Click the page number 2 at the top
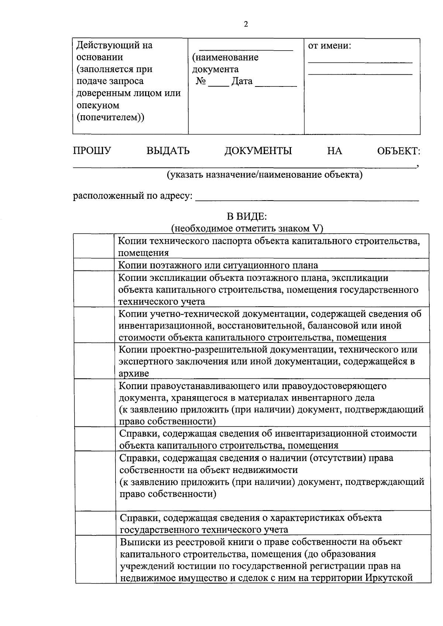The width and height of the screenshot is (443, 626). tap(246, 25)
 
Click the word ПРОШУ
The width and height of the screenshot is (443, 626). tap(92, 151)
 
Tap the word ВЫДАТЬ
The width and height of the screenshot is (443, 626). tap(168, 151)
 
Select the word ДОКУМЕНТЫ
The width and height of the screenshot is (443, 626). tap(258, 151)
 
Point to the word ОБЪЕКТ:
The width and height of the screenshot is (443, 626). tap(398, 151)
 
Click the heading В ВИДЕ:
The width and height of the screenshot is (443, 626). tap(247, 217)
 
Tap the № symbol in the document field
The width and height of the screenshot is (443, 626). tap(201, 81)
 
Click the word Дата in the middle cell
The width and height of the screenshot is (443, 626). tap(242, 81)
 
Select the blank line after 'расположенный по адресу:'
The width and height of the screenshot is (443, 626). tap(306, 200)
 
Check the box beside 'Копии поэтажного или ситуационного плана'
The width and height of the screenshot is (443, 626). tap(94, 265)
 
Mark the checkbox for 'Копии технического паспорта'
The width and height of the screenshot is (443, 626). tap(94, 246)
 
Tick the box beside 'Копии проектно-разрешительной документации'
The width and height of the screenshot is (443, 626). tap(95, 361)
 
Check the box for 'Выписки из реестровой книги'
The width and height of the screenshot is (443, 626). tap(96, 559)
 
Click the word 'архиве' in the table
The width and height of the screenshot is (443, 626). tap(134, 373)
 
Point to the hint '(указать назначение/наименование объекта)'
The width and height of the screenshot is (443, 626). tap(264, 174)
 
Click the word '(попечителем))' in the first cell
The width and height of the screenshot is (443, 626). tap(110, 117)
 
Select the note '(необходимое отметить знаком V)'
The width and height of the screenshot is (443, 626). tap(247, 229)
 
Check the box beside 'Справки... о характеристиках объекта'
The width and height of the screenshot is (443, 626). tap(96, 523)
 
